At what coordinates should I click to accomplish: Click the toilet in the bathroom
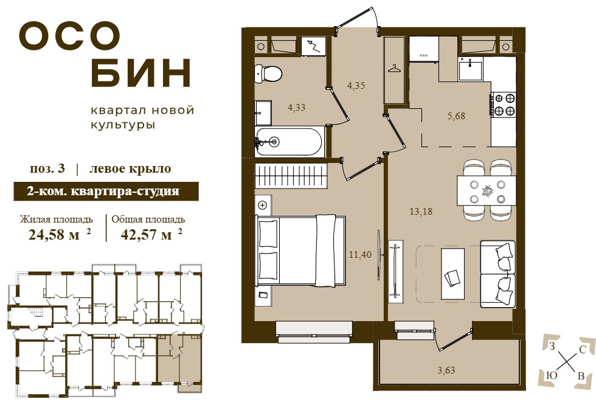(268, 73)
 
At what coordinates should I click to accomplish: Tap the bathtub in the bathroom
(289, 141)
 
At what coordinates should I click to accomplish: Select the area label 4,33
(297, 108)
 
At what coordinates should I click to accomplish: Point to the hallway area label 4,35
(356, 86)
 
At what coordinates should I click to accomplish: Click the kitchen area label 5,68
(456, 116)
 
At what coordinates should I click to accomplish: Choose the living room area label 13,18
(421, 211)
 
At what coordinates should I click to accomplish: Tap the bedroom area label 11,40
(360, 255)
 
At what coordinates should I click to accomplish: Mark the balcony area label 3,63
(446, 370)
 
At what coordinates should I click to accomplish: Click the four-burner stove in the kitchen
(504, 105)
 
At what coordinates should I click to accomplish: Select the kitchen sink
(471, 68)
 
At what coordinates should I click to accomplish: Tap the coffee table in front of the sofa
(452, 274)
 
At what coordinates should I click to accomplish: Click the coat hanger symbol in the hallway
(394, 69)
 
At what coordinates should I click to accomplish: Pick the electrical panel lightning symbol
(314, 46)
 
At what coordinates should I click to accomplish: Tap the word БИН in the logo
(141, 72)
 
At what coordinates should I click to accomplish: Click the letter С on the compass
(581, 350)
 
